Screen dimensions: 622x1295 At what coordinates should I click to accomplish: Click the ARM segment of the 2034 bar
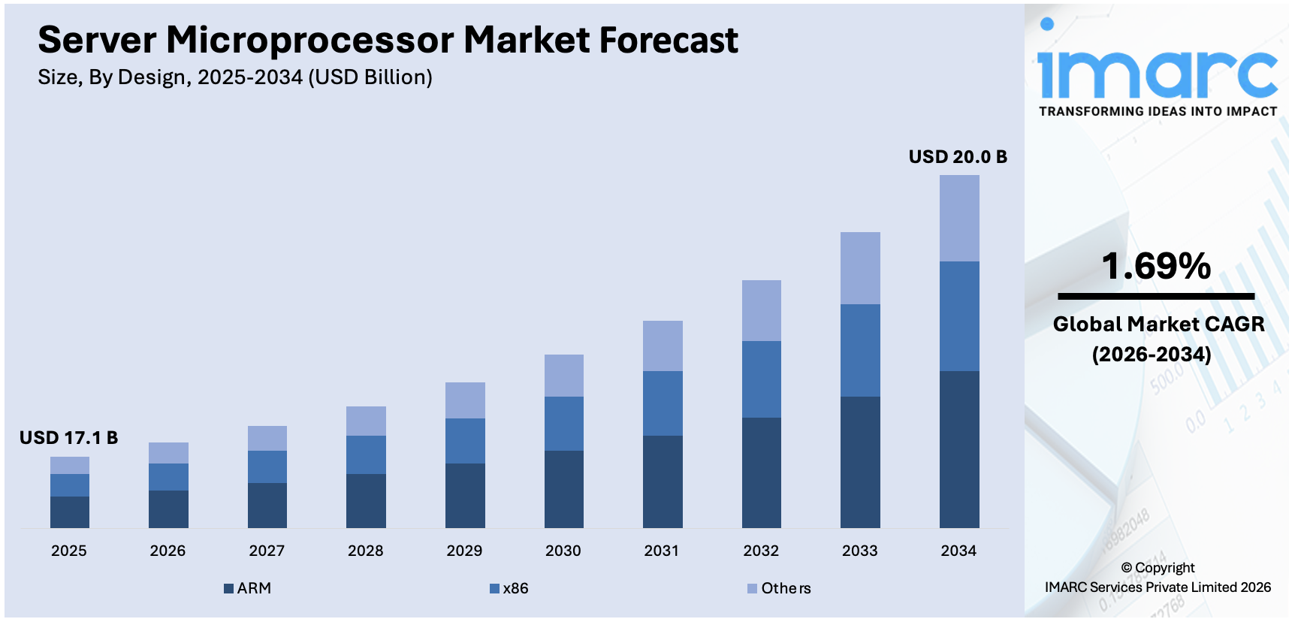click(959, 448)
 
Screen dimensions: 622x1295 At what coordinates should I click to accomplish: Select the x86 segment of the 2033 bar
click(860, 350)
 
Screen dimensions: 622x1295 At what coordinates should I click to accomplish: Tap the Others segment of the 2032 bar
click(761, 310)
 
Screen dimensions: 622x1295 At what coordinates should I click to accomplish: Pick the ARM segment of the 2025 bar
click(69, 512)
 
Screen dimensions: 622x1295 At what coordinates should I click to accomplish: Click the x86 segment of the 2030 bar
click(563, 423)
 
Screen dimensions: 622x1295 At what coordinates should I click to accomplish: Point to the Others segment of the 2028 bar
click(366, 421)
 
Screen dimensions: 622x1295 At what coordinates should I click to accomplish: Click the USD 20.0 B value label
click(957, 157)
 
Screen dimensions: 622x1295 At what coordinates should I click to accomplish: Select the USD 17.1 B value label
click(68, 438)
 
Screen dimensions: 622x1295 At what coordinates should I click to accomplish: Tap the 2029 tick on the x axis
click(464, 551)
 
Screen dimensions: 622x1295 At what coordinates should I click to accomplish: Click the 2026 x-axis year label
click(168, 551)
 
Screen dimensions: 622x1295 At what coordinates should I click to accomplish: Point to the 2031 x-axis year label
click(662, 551)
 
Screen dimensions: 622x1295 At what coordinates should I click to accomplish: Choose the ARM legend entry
click(248, 588)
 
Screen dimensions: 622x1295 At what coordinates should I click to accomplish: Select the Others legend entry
click(780, 588)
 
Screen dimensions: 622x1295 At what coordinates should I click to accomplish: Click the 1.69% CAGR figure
click(1156, 266)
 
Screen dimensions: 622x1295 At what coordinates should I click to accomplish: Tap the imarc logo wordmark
click(1157, 74)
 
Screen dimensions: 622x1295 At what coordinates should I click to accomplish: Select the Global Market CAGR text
click(1158, 325)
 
